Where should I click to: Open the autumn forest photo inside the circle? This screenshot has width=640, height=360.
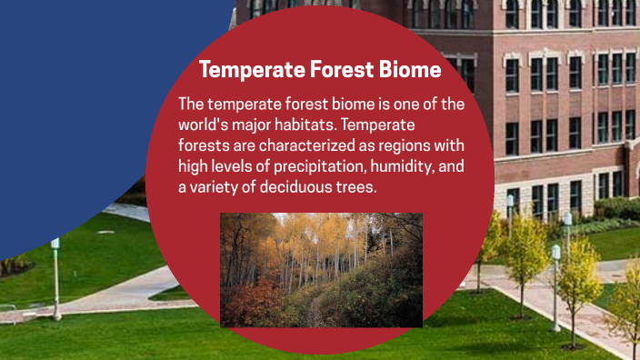pyautogui.click(x=321, y=269)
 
